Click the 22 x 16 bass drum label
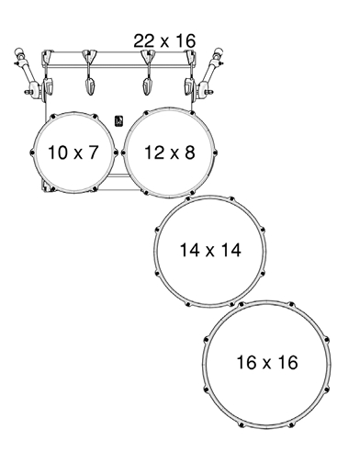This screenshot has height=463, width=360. click(x=164, y=40)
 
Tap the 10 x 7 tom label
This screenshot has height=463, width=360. click(x=73, y=152)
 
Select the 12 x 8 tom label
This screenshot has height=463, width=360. click(x=169, y=152)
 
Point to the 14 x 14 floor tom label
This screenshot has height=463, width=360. click(x=210, y=250)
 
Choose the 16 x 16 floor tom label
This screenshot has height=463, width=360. click(x=267, y=362)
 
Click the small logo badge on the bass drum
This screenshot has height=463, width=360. click(x=118, y=121)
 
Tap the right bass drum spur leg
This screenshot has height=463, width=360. click(x=209, y=73)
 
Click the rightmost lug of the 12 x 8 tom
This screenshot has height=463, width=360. click(x=215, y=152)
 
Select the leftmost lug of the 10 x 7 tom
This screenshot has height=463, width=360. click(x=31, y=152)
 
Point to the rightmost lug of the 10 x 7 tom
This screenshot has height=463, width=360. click(x=116, y=152)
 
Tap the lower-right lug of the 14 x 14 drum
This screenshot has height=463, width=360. click(x=263, y=273)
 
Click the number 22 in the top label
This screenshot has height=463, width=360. click(x=144, y=40)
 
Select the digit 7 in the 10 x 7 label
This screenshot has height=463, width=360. click(x=94, y=152)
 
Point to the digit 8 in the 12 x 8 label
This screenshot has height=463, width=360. click(x=190, y=152)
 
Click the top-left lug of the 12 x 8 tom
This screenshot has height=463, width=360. click(x=146, y=113)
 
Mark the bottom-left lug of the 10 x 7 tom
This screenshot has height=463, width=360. click(x=52, y=188)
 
